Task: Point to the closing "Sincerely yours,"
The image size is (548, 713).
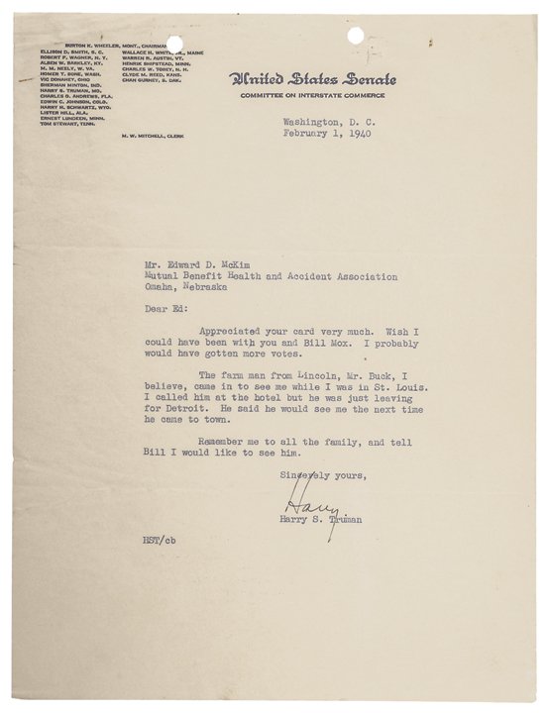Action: click(x=323, y=475)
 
